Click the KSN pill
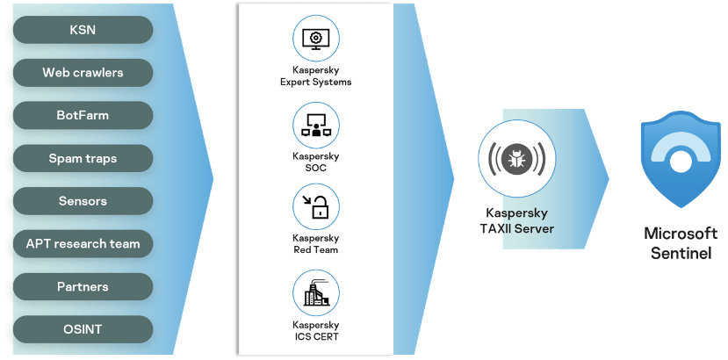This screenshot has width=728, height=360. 83,30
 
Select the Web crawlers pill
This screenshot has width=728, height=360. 83,72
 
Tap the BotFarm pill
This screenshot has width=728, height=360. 83,115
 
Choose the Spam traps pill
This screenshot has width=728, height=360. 83,158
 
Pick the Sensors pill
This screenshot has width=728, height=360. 83,201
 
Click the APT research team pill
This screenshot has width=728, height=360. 83,243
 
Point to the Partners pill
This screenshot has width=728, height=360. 83,286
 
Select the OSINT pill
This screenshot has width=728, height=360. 83,329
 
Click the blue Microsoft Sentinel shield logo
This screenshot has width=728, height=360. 680,162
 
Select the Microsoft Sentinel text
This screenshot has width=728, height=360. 680,242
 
